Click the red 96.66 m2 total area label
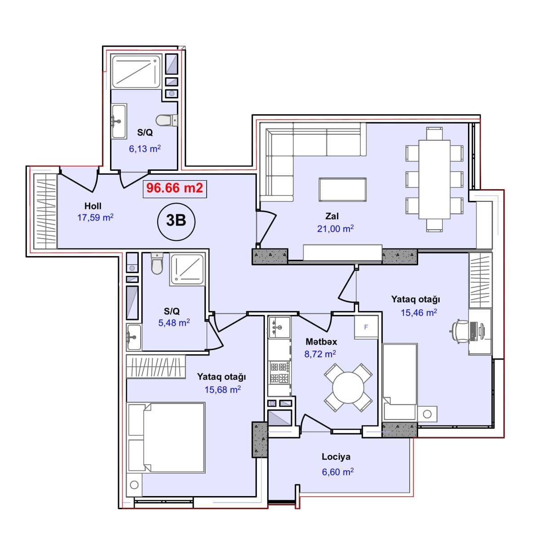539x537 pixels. coord(175,188)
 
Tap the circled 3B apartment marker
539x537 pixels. coord(176,221)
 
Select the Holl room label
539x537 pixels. coord(93,206)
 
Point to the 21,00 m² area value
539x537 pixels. coord(335,229)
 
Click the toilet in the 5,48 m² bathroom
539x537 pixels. coord(157,263)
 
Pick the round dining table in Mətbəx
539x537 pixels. coord(348,387)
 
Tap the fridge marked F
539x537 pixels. coord(366,328)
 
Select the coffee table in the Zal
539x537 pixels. coord(342,190)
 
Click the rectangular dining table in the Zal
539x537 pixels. coord(434,179)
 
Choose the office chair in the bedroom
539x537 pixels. coord(459,331)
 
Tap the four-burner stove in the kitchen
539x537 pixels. coord(279,373)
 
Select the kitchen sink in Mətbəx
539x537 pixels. coord(279,328)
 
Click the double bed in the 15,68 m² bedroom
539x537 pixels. coord(167,438)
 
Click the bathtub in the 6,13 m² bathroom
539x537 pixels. coord(136,71)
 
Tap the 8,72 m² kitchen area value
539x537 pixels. coord(320,354)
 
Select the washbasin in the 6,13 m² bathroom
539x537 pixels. coord(119,121)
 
